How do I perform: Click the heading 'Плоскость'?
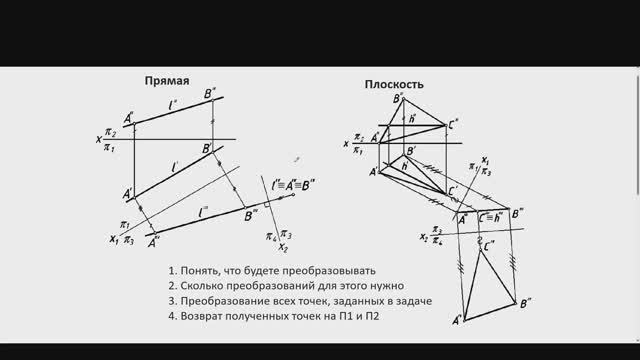point(394,85)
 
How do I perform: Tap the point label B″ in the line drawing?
point(211,94)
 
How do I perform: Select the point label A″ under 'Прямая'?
point(129,117)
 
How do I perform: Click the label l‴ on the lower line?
point(203,211)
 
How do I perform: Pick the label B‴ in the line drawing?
point(252,213)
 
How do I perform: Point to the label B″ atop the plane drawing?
point(398,98)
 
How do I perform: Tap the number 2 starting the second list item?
point(172,286)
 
